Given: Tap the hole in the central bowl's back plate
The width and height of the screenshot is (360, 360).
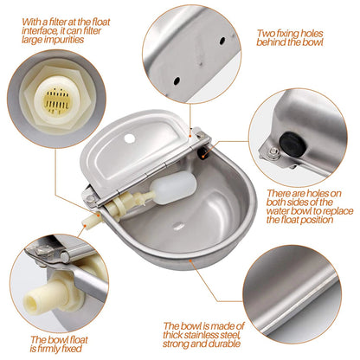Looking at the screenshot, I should coord(130,138).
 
